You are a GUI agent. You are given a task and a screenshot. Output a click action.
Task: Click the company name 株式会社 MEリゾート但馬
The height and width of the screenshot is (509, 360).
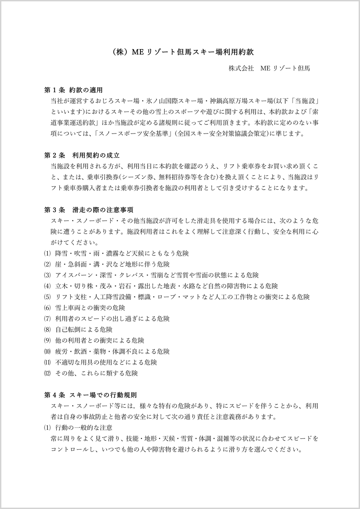[269, 69]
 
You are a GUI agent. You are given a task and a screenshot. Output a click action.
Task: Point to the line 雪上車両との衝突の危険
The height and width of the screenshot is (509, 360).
[90, 308]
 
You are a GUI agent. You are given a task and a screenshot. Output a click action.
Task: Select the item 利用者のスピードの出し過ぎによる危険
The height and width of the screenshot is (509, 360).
[112, 319]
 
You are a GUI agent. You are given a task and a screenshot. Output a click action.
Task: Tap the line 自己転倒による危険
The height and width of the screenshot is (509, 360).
[84, 330]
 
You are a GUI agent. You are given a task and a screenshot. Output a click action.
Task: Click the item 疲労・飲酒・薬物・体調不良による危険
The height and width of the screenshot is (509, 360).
[112, 351]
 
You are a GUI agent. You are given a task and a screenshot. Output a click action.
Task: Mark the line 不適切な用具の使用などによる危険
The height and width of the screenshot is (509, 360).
[106, 362]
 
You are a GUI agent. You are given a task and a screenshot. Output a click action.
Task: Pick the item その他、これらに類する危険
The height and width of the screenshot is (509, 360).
[96, 373]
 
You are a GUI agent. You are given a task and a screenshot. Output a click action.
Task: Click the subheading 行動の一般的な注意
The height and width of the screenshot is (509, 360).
[84, 427]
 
